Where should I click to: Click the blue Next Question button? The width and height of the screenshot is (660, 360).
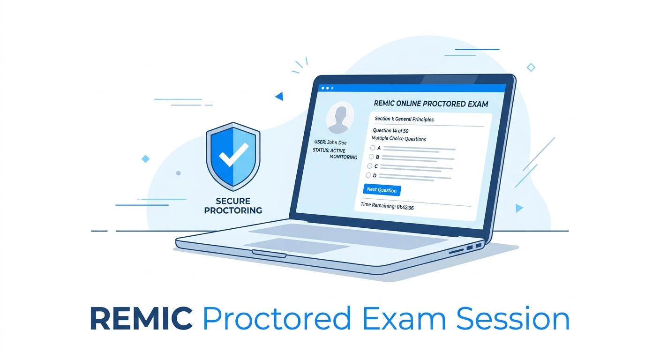(382, 190)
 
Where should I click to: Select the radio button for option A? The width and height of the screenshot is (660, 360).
(373, 148)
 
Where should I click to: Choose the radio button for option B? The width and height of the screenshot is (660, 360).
(371, 157)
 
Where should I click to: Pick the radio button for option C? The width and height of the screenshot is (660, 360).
(370, 166)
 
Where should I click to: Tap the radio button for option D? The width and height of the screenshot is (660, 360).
(368, 175)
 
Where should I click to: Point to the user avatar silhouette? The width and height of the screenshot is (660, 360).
(340, 118)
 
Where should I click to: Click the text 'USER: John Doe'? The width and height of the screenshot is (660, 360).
(330, 142)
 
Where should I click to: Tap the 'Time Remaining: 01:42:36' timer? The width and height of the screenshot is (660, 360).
(387, 206)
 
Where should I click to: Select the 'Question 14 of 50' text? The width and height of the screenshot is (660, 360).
(390, 130)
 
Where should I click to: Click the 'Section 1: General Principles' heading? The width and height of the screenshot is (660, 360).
(404, 119)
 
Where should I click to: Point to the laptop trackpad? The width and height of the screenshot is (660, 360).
(296, 246)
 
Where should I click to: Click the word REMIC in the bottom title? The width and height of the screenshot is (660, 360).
(142, 319)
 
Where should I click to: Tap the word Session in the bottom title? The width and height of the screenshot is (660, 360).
(513, 319)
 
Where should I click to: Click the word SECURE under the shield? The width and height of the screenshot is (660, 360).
(233, 201)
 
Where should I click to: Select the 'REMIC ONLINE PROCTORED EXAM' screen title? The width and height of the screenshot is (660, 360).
(431, 104)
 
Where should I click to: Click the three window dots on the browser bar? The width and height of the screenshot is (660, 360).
(327, 88)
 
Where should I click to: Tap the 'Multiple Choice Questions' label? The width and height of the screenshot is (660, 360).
(398, 138)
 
